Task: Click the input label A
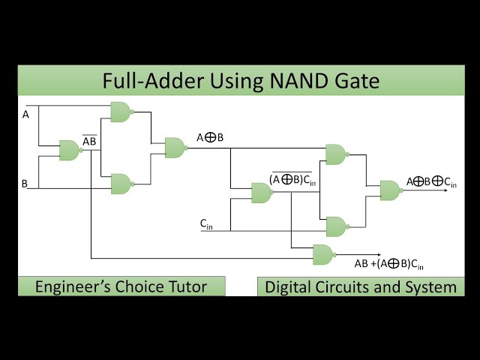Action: coord(25,115)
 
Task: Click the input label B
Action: coord(25,183)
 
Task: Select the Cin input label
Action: coord(205,223)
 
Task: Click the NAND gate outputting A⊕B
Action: coord(174,147)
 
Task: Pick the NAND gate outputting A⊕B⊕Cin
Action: coord(389,190)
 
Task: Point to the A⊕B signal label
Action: coord(210,137)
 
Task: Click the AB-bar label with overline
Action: coord(89,141)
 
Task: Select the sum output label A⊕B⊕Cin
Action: coord(431,181)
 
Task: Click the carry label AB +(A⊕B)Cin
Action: coord(388,264)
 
